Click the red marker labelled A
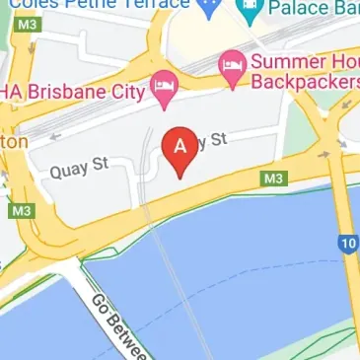pos(180,149)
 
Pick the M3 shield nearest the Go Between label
pos(20,211)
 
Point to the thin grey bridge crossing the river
pos(158,247)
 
